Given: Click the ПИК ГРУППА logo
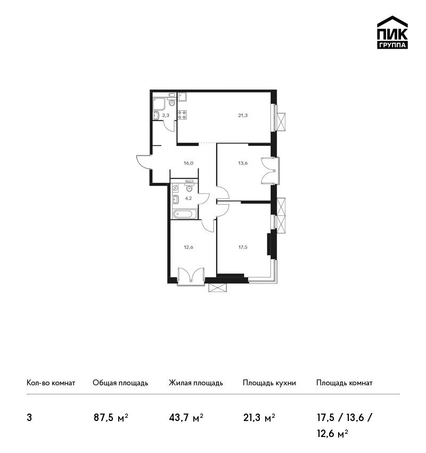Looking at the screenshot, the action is [x=392, y=32].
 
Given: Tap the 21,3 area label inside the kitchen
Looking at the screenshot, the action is [x=243, y=115].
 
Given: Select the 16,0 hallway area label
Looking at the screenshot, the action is [x=189, y=163].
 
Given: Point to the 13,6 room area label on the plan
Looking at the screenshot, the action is [x=243, y=163].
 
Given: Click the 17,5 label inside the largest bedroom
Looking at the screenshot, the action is [x=243, y=247].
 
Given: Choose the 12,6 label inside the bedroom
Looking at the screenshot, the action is [x=189, y=247].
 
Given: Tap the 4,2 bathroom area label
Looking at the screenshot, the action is [x=189, y=198].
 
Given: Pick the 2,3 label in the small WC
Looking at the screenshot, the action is [x=166, y=115].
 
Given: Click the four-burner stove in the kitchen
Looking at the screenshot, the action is [x=182, y=115].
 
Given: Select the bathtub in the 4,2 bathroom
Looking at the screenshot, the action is [x=185, y=214].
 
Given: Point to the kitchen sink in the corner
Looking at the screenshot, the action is [x=182, y=96].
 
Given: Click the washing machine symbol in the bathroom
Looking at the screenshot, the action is [x=175, y=188].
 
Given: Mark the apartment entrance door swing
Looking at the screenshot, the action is [x=144, y=163].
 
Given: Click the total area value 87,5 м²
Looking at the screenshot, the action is [x=111, y=418].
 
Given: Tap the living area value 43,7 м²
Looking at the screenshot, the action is [x=186, y=418].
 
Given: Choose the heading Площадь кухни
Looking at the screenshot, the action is [x=269, y=383].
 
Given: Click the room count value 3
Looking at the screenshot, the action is [x=29, y=418].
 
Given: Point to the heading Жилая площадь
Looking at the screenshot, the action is [x=196, y=383].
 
